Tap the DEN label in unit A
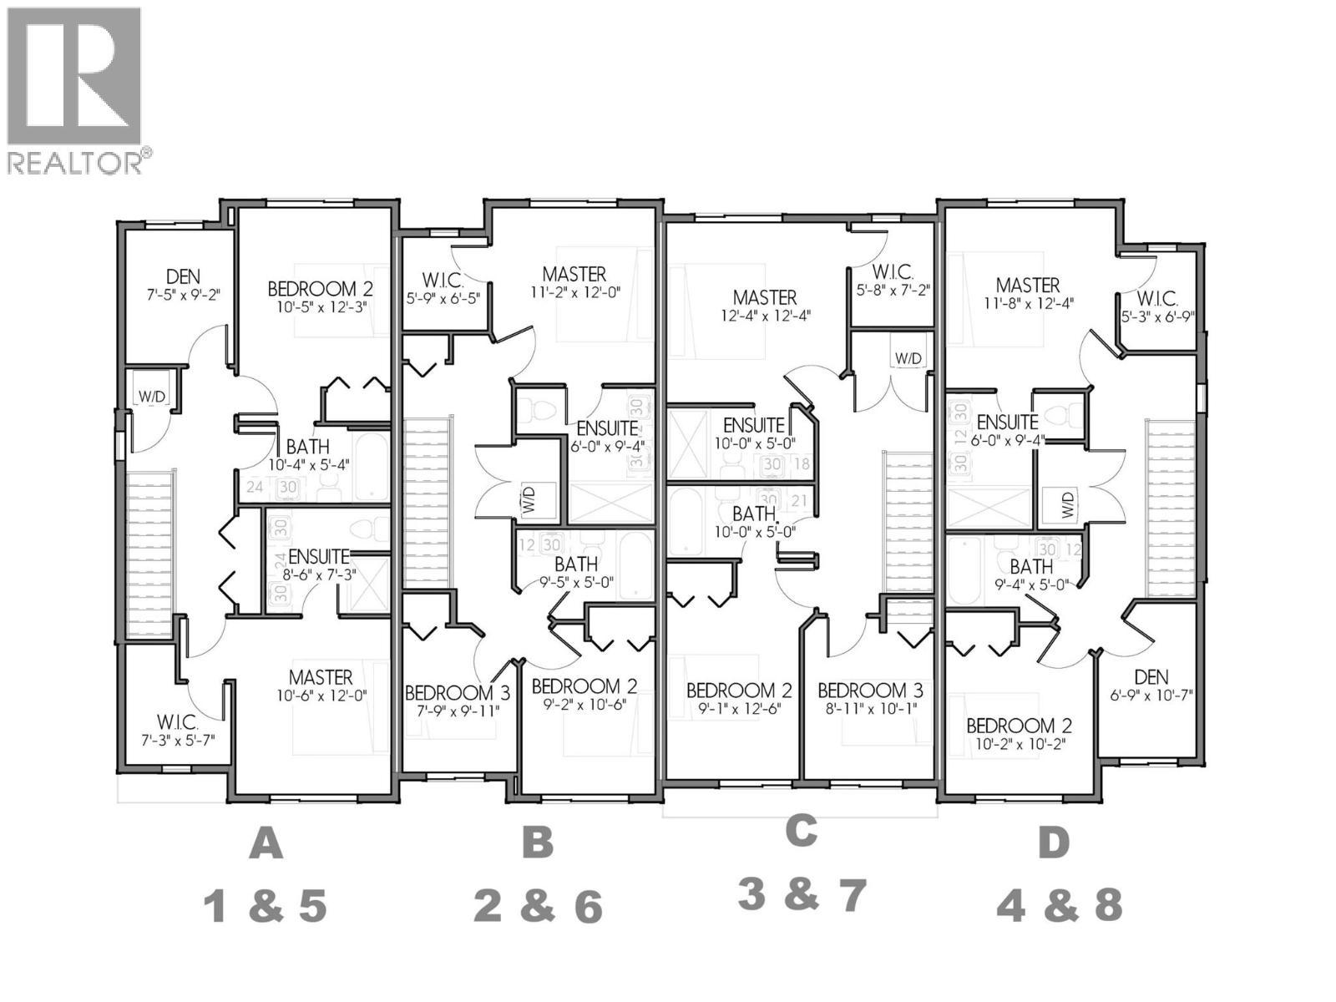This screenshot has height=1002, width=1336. pos(182,276)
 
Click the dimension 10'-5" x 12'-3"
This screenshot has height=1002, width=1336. pos(320,306)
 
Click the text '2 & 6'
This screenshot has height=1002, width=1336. pos(537,906)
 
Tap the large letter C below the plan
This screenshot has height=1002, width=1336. pos(801,830)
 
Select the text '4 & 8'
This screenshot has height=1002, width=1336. pos(1059,904)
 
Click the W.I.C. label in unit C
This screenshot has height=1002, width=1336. pos(893,272)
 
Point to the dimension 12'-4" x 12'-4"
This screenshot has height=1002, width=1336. pos(765,316)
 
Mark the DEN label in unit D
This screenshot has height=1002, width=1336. pos(1151,677)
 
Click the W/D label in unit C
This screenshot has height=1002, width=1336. pos(908,358)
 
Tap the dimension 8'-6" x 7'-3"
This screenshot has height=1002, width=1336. pos(318,574)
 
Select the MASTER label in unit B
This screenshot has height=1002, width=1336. pos(574,274)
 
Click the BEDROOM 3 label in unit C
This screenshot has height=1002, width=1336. pos(870,691)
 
